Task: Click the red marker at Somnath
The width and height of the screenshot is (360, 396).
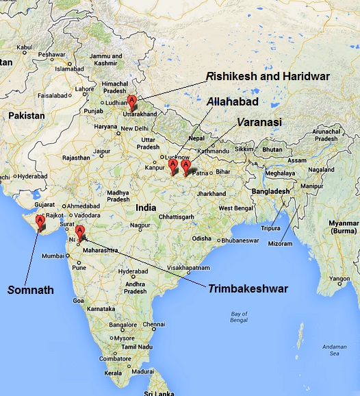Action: point(40,222)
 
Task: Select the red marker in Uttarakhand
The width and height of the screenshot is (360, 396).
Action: point(132,103)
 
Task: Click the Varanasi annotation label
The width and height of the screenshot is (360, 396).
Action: point(259,122)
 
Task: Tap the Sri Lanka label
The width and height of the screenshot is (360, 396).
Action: point(157,391)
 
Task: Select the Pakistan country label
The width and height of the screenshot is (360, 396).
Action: point(26,116)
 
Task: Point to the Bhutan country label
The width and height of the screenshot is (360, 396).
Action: point(272,149)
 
